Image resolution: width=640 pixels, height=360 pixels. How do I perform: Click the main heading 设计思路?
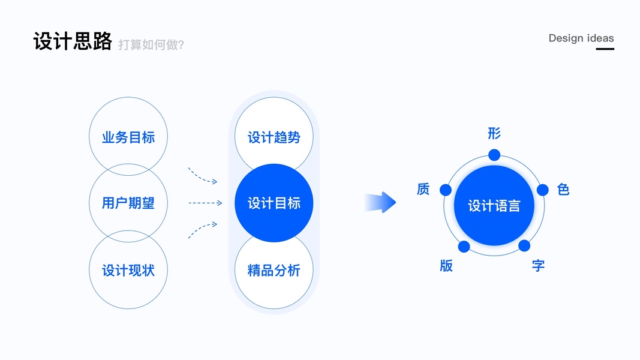pos(73,41)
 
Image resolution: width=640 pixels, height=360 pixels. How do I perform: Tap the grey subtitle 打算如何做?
pos(151,44)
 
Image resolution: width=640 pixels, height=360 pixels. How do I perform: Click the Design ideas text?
pos(581,38)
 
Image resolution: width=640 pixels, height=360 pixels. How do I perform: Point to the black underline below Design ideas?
pos(605,49)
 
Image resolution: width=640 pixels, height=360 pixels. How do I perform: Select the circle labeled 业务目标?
pos(128,136)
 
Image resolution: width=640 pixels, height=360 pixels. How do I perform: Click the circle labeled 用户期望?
pos(128,203)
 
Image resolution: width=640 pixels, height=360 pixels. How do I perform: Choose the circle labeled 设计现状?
pos(128,270)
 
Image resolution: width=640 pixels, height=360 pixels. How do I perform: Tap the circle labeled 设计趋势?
pos(274,136)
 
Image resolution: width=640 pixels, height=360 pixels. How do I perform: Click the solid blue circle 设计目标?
pos(274,203)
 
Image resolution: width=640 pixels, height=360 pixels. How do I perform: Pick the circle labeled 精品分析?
pos(274,270)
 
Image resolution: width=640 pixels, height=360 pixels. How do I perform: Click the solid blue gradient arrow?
pos(380,202)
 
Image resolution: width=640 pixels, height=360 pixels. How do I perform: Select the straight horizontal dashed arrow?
pos(205,203)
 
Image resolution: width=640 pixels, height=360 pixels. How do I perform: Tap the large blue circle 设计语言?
pos(494,205)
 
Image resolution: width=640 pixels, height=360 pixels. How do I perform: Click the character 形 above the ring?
pos(494,133)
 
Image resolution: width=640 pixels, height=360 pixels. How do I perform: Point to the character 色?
pos(563,190)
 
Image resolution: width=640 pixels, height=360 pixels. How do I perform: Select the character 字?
pos(539,266)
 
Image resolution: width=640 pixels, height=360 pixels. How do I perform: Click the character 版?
pos(446,266)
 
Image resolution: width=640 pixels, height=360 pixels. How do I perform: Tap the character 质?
pos(423,189)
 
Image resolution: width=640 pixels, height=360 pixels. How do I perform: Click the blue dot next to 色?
pos(542,190)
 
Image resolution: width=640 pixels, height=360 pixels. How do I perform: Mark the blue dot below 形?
pos(494,155)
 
